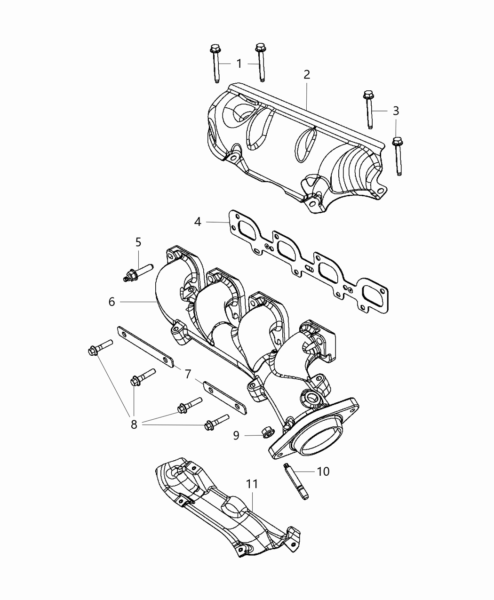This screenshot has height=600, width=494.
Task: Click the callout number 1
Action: [239, 64]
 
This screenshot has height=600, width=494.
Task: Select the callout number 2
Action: [307, 74]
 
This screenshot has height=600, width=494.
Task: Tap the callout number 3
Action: [396, 111]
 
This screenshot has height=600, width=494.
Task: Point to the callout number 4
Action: [198, 222]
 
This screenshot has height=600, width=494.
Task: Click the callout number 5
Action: [138, 242]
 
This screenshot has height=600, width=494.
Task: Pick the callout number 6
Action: [112, 302]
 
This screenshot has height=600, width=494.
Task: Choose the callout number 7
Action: [188, 374]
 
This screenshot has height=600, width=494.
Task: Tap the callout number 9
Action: [236, 435]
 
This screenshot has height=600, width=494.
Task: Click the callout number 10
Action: [324, 471]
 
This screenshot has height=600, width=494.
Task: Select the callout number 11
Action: [252, 483]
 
